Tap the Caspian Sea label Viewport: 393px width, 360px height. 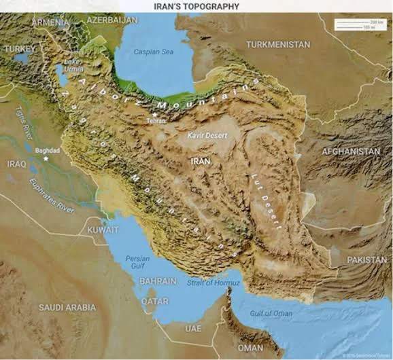coord(153,52)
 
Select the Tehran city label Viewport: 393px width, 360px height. coord(156,120)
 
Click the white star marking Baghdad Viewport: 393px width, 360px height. coord(46,158)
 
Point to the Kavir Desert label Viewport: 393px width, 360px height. coord(207,135)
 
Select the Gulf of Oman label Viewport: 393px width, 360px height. coord(271,313)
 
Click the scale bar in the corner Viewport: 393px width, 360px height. coord(360,24)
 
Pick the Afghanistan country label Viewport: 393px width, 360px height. coord(351,151)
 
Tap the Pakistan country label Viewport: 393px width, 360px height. coord(366,259)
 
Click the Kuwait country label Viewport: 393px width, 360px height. coord(103,230)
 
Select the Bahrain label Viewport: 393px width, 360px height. coord(158,281)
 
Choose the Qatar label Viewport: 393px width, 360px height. coord(155,300)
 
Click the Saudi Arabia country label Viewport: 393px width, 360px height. coord(67,308)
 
